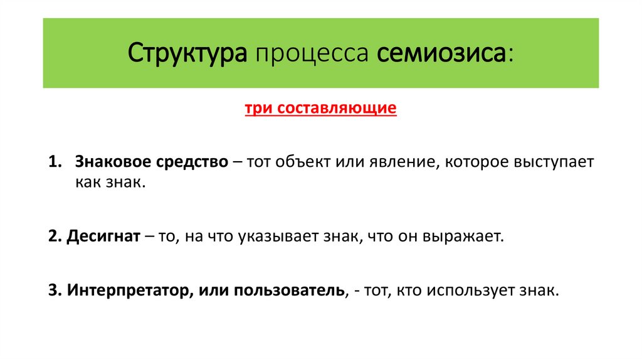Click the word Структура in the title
pyautogui.click(x=187, y=54)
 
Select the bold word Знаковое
pyautogui.click(x=111, y=162)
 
